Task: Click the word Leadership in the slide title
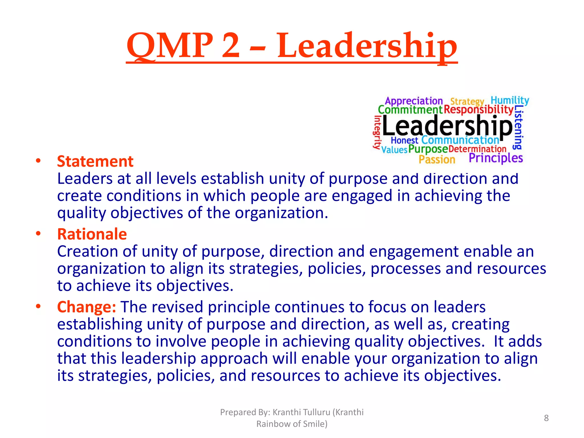[367, 46]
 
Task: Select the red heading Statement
[95, 161]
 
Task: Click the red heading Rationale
[92, 234]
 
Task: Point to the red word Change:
[86, 307]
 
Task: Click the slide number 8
[546, 418]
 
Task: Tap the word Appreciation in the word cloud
[414, 101]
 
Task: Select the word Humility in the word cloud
[510, 100]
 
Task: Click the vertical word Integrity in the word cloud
[377, 132]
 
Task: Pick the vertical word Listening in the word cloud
[518, 127]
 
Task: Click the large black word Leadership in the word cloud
[447, 126]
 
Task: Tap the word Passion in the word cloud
[437, 159]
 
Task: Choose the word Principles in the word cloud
[496, 158]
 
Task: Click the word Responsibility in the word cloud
[478, 110]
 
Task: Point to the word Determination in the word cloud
[477, 149]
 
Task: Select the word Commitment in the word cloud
[410, 110]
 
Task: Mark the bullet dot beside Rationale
[38, 234]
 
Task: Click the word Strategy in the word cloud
[467, 102]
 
